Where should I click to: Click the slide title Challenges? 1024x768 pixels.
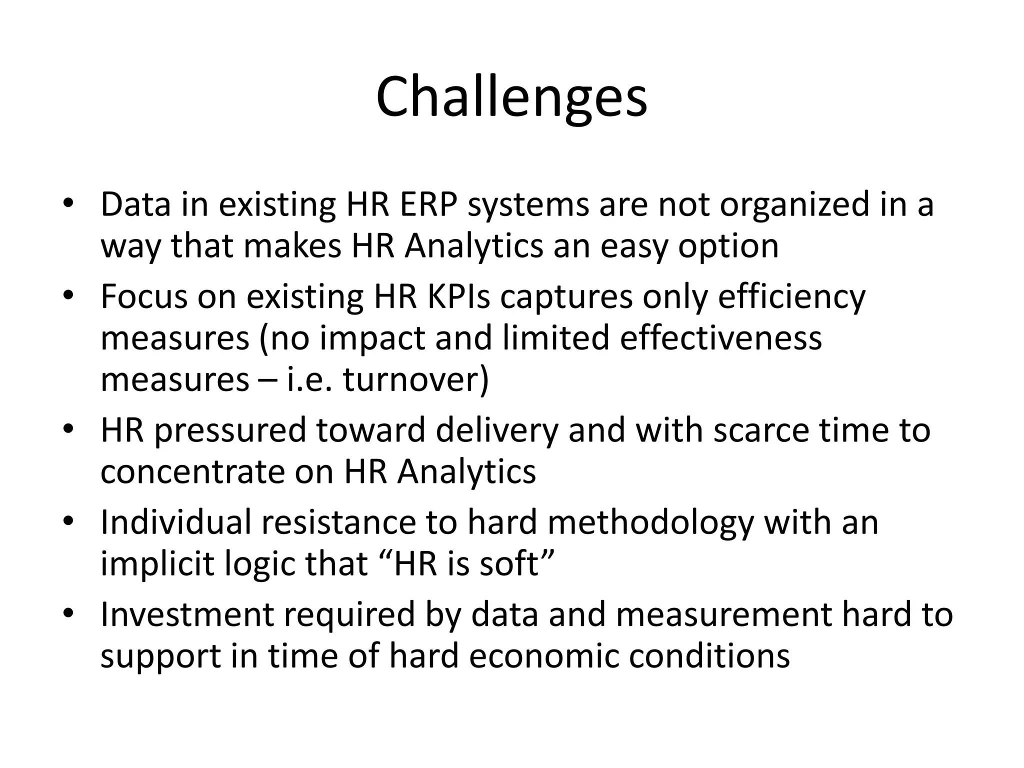pos(511,97)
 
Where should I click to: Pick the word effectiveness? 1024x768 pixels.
pos(720,337)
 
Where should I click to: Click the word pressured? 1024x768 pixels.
pos(229,431)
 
